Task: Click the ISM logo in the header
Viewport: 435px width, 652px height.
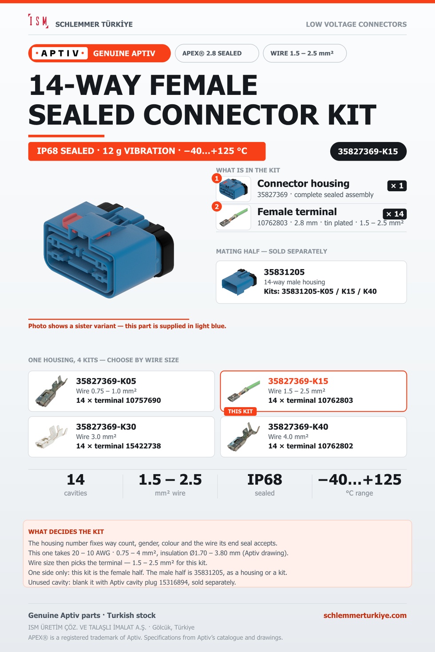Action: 38,21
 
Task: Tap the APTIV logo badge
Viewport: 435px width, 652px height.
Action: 60,53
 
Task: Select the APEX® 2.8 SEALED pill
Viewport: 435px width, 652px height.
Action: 217,53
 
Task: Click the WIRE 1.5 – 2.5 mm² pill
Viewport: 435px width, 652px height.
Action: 305,53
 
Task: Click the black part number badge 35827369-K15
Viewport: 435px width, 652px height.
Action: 368,151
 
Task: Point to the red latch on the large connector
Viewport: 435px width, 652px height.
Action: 70,220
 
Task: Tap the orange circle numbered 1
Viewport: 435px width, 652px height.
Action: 217,178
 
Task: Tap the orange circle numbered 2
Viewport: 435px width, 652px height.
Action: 217,207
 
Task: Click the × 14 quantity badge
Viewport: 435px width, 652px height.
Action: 395,214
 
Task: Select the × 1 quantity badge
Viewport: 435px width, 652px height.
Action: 397,186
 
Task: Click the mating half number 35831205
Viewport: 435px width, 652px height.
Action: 284,272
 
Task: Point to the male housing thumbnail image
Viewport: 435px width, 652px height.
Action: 239,282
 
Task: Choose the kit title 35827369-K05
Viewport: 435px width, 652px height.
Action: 106,381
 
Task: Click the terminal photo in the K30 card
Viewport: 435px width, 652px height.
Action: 51,436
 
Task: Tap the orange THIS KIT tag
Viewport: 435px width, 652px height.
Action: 240,411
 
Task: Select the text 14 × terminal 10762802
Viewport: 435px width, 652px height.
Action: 311,446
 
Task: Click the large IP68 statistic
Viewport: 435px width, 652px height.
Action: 265,480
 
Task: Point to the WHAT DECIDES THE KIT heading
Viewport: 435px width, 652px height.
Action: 66,532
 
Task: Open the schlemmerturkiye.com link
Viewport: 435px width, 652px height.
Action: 365,615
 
